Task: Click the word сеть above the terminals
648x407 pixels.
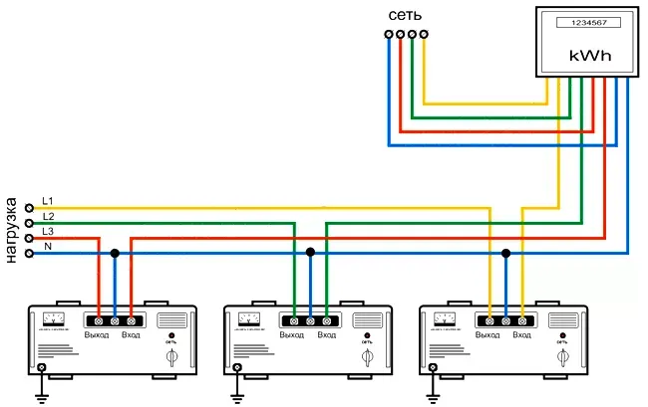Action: point(406,16)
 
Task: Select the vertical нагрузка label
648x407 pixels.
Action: point(12,219)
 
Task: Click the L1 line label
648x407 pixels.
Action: point(48,202)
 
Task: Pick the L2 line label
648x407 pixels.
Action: point(48,216)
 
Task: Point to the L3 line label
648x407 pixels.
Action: point(48,231)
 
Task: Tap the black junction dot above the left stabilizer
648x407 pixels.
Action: point(115,253)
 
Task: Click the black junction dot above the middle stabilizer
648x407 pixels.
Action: point(310,253)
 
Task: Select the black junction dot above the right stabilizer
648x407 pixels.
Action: point(505,253)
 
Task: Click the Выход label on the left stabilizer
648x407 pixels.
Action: point(97,335)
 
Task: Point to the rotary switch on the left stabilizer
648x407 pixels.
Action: point(173,355)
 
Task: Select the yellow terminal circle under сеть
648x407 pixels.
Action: point(425,35)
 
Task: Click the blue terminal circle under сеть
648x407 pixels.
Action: point(389,35)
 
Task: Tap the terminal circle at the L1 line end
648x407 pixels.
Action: point(30,208)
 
